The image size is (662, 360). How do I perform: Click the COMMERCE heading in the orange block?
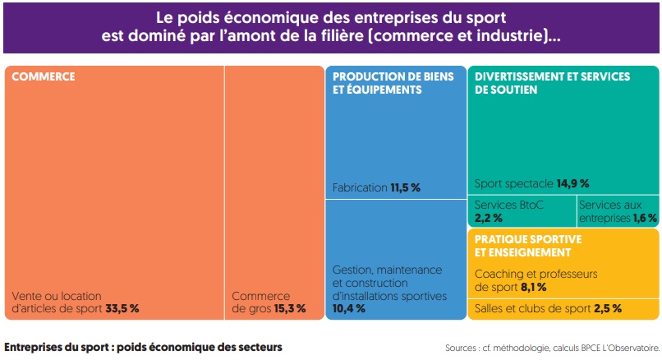coord(43,76)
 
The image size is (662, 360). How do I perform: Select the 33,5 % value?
coord(122,309)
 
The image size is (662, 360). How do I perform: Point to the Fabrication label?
coord(359,187)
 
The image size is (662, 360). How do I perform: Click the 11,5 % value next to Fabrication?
coord(404,187)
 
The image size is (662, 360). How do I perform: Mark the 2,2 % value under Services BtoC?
coord(488,218)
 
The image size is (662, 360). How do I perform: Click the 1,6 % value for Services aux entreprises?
coord(645,218)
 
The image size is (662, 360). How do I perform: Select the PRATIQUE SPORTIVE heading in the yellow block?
coord(528,239)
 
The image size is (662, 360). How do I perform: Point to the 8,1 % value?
coord(533,287)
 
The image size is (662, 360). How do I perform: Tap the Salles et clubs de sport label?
coord(531,309)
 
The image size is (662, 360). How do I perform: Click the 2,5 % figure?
coord(608,309)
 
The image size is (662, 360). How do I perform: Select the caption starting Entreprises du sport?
coord(143,347)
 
